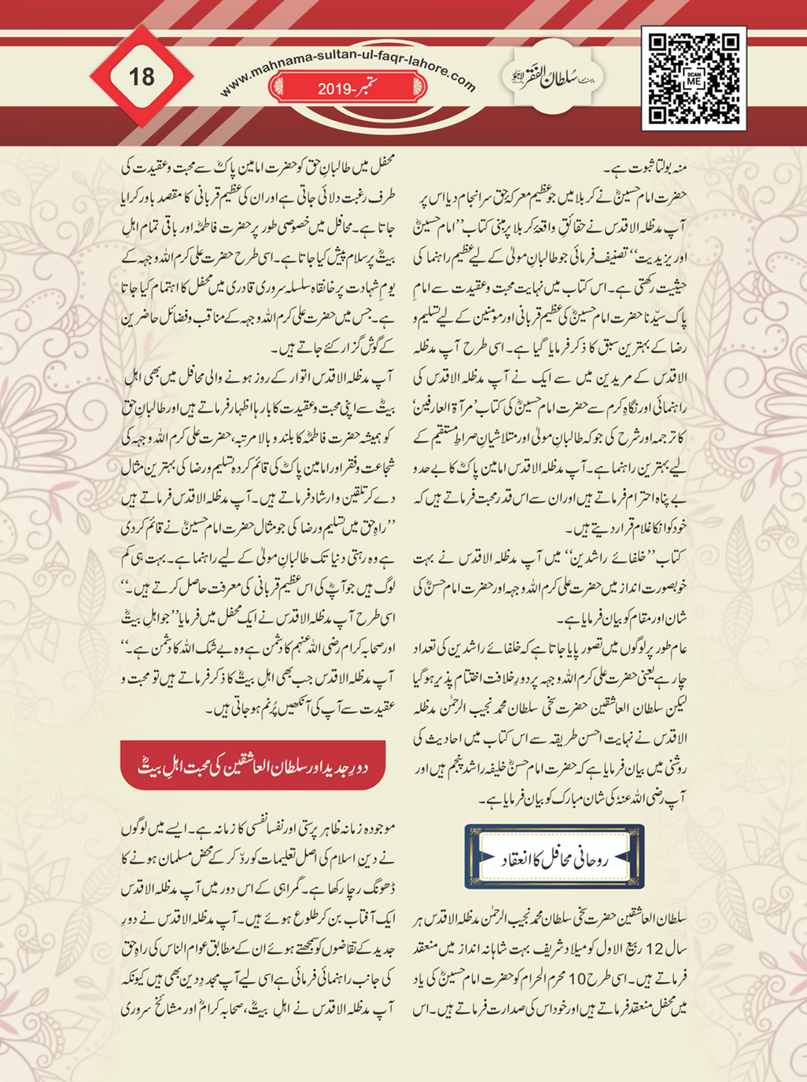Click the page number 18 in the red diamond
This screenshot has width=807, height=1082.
[x=142, y=77]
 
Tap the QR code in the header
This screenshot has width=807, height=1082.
[x=694, y=77]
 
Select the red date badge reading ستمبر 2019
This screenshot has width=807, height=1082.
[x=347, y=88]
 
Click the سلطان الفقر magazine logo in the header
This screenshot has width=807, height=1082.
[x=551, y=79]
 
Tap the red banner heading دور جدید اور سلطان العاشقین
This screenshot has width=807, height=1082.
[x=253, y=766]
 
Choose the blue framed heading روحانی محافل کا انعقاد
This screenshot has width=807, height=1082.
[x=555, y=857]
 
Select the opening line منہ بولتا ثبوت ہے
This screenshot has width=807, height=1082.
[x=647, y=167]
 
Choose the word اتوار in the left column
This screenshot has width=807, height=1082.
[x=297, y=377]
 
